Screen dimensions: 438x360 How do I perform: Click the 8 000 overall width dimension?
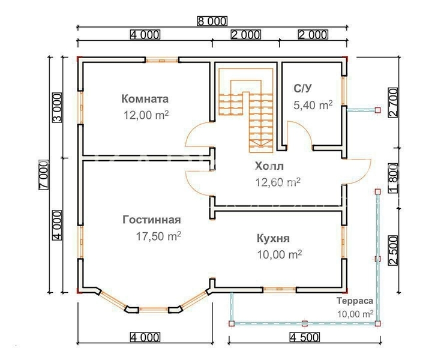[x=212, y=21]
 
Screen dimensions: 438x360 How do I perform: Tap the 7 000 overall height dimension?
[x=44, y=175]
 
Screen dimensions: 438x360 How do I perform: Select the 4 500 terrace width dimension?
[x=304, y=337]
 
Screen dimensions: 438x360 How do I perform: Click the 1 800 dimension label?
[x=393, y=179]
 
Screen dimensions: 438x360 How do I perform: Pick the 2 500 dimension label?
[x=393, y=251]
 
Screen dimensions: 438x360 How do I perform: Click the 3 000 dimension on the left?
[x=57, y=108]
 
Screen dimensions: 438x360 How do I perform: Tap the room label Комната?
[x=145, y=99]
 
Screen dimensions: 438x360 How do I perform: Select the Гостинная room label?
[x=152, y=220]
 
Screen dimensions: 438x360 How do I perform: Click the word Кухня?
[x=273, y=239]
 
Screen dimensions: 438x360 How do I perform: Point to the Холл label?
[x=269, y=166]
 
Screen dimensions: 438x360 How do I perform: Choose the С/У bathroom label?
[x=302, y=89]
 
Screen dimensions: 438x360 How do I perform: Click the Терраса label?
[x=355, y=301]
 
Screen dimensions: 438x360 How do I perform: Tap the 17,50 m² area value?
[x=158, y=236]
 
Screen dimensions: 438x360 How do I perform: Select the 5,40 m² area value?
[x=313, y=105]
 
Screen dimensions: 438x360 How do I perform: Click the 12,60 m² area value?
[x=278, y=182]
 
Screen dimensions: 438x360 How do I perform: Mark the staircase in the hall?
[x=246, y=110]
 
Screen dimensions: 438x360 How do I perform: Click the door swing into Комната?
[x=199, y=134]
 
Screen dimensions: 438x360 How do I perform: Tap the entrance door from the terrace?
[x=357, y=172]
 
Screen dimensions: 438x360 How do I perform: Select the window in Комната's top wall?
[x=162, y=60]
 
